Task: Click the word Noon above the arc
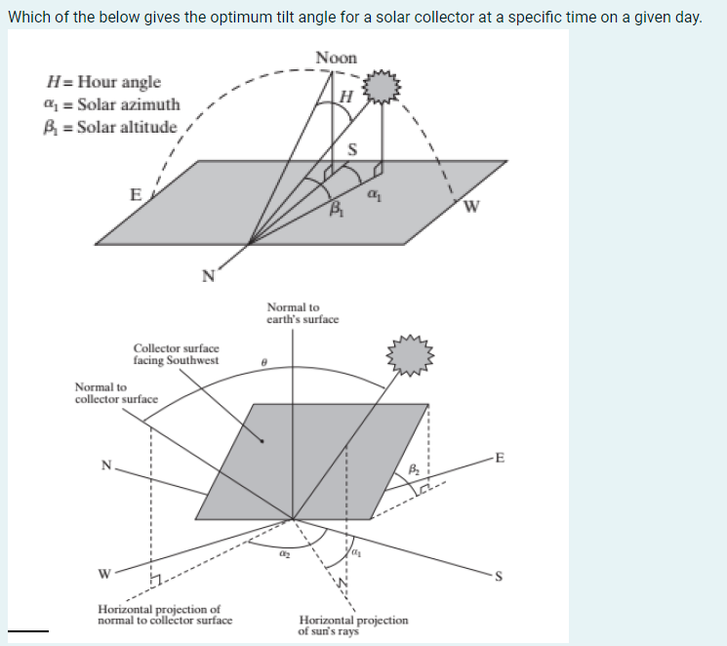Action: (x=338, y=59)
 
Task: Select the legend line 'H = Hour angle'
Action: (x=103, y=82)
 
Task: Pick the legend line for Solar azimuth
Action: (x=112, y=104)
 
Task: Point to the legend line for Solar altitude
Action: (x=112, y=127)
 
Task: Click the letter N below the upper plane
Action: (x=206, y=275)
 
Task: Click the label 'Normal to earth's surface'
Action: (x=302, y=313)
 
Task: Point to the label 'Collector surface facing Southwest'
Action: (x=176, y=353)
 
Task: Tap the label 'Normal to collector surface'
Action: (x=116, y=393)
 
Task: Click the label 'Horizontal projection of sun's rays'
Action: (x=353, y=626)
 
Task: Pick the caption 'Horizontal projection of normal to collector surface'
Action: (x=165, y=616)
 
